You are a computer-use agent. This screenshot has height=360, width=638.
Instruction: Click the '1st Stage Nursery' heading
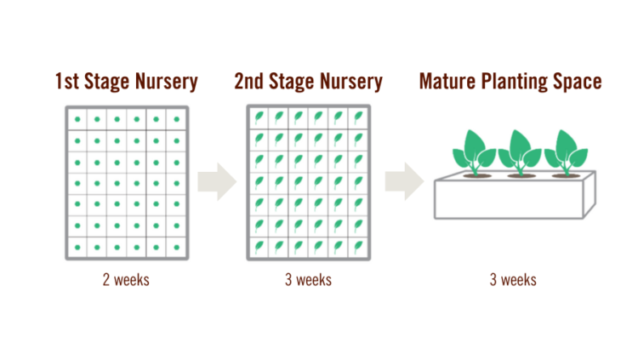tap(126, 82)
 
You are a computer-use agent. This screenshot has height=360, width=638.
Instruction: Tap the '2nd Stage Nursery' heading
tap(308, 82)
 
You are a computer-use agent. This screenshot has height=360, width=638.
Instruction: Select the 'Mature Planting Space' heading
tap(510, 82)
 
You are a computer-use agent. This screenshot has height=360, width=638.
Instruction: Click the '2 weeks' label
tap(126, 280)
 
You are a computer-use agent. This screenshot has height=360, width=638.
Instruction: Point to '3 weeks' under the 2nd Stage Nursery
tap(308, 280)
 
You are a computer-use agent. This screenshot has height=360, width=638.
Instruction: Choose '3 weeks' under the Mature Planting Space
tap(513, 280)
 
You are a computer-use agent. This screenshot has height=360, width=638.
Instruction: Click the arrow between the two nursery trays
tap(217, 181)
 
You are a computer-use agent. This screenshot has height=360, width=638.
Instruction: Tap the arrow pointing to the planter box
tap(404, 181)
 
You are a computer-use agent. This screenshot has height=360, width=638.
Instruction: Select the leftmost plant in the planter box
tap(475, 153)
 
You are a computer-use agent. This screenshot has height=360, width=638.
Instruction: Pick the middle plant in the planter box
tap(520, 153)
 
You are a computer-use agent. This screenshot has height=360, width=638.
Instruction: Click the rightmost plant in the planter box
tap(566, 153)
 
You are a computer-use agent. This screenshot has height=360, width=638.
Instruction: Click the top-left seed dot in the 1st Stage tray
tap(77, 119)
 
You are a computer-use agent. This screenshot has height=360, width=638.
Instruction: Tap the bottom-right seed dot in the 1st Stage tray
tap(177, 247)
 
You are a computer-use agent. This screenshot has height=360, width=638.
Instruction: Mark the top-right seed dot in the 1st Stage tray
tap(177, 119)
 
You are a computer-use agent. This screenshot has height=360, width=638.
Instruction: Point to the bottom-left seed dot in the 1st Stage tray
tap(77, 247)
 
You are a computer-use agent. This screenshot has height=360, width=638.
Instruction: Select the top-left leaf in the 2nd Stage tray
tap(259, 117)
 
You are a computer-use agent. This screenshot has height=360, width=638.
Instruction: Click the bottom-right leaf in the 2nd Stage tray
tap(358, 247)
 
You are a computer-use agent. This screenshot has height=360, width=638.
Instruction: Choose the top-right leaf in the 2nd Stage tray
tap(358, 117)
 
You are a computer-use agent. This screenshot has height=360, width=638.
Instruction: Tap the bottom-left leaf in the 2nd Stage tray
tap(259, 247)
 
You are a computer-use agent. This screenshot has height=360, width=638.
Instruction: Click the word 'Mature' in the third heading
tap(447, 81)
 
